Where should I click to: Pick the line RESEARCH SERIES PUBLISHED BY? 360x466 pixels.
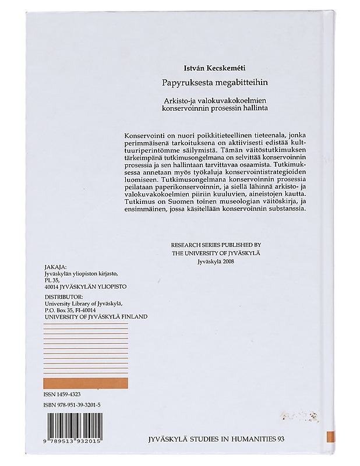point(215,245)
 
